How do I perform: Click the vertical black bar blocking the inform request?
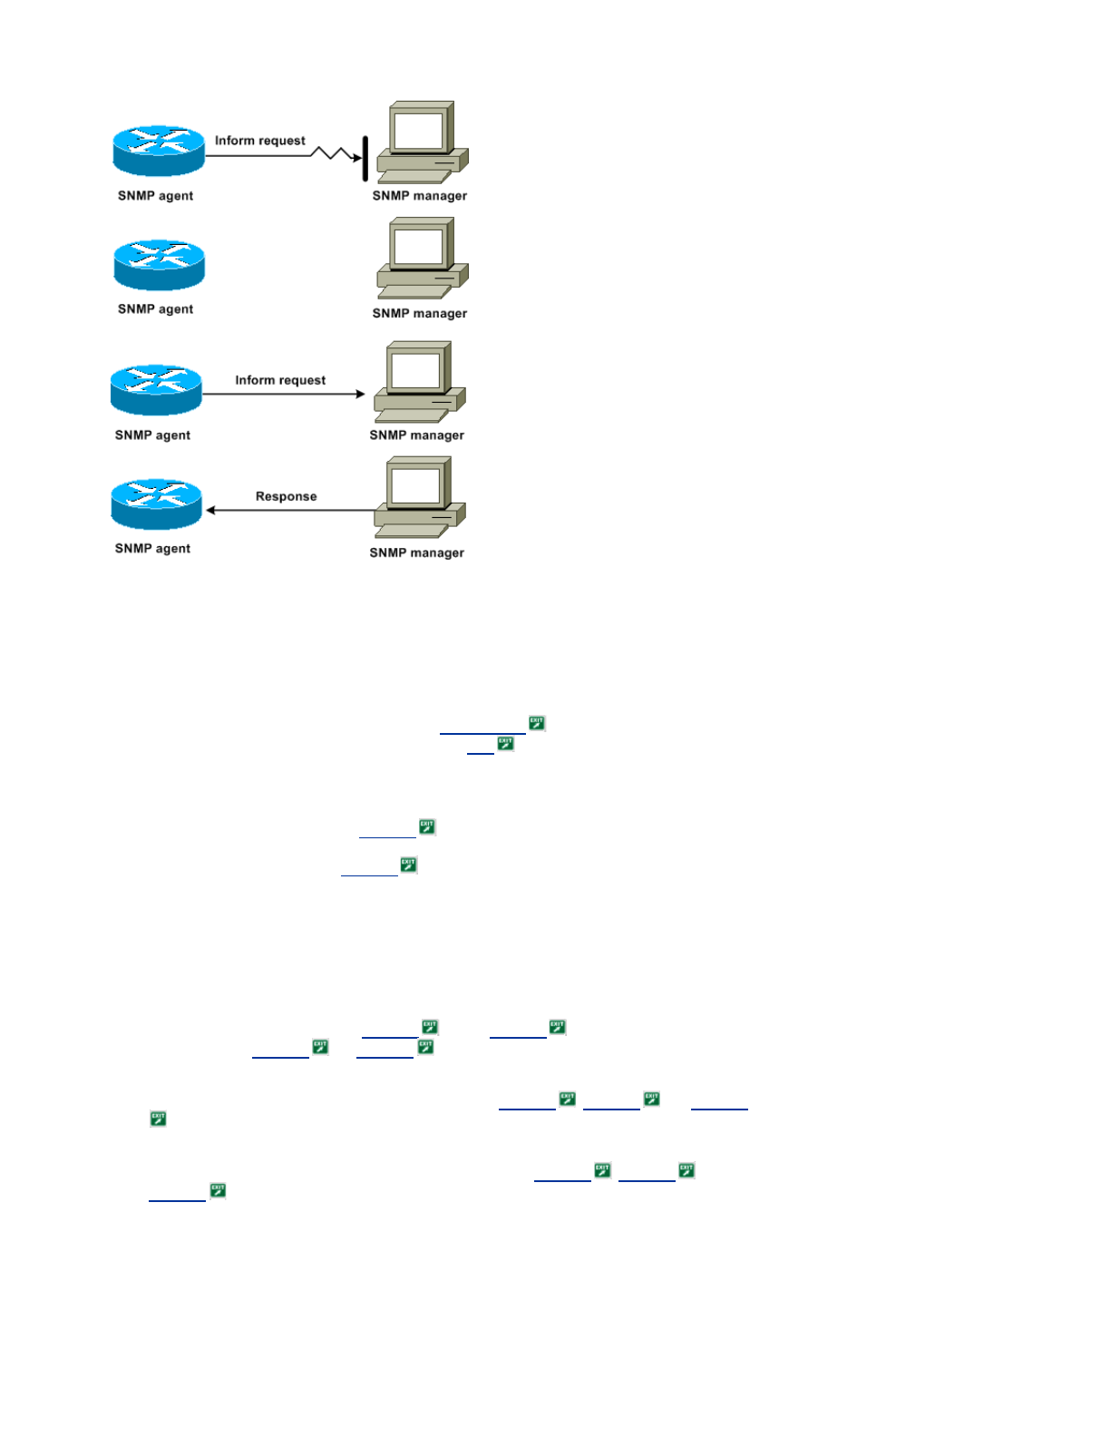point(365,159)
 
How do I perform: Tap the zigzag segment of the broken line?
point(332,154)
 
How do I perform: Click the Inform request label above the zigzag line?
point(259,141)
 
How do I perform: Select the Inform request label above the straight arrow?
point(280,380)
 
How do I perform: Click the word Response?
point(286,496)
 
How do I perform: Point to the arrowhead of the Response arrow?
point(210,510)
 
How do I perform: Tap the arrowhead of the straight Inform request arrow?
point(360,394)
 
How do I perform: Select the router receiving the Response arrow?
point(156,504)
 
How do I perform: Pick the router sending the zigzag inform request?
point(159,151)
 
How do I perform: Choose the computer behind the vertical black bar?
point(422,142)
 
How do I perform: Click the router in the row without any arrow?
point(160,265)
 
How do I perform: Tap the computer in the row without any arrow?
point(422,259)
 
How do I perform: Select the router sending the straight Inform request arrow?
point(156,390)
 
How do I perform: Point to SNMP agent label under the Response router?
point(152,549)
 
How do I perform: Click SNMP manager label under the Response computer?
point(416,552)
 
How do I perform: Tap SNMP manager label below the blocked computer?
point(419,196)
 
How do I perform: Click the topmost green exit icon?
point(537,723)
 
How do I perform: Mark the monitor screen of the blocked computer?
point(418,132)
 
